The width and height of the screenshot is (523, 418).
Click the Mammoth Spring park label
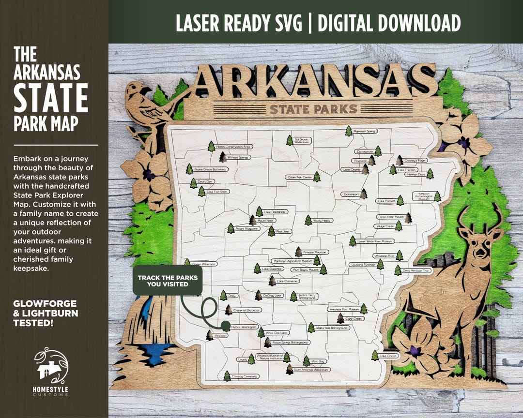[365, 131]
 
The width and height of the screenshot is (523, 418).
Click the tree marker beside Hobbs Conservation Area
[211, 146]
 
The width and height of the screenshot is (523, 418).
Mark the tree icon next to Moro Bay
[306, 360]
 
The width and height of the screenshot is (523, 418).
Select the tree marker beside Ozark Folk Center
[317, 177]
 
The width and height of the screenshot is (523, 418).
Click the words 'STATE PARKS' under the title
[313, 109]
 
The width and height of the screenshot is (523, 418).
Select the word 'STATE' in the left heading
[50, 99]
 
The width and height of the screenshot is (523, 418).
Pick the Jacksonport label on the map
[350, 194]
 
